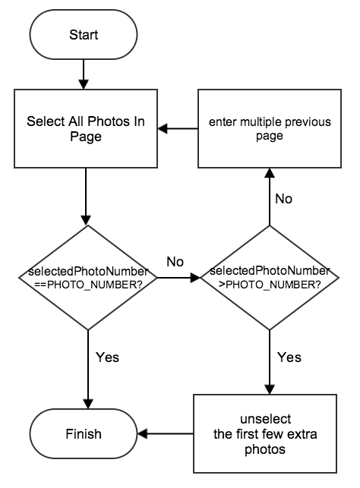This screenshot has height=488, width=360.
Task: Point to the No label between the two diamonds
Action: [x=175, y=262]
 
